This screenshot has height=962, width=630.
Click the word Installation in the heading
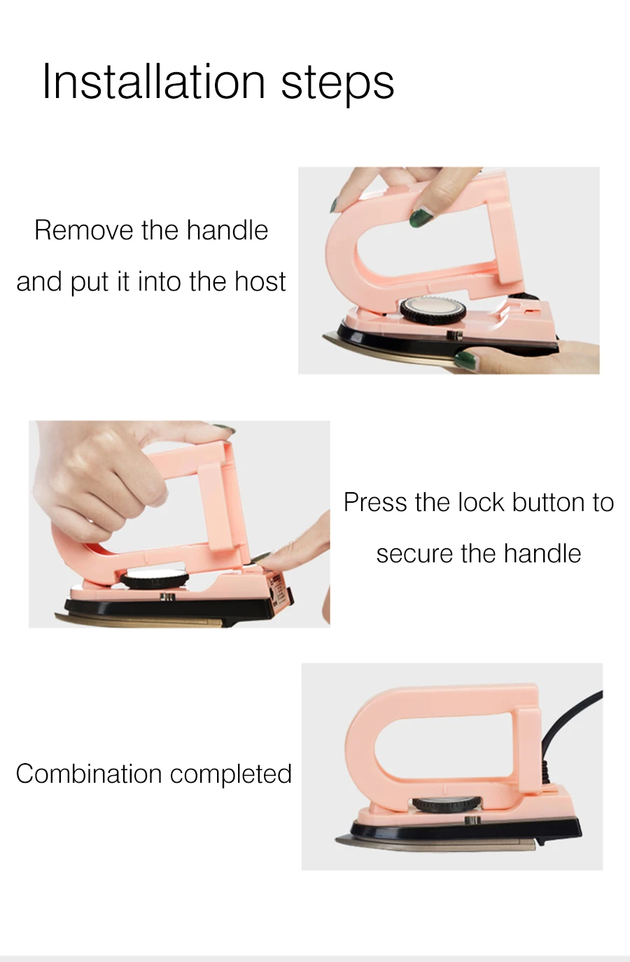point(154,81)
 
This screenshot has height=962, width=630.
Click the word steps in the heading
point(337,83)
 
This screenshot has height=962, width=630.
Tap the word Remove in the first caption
point(84,230)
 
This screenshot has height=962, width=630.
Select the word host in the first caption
point(260,281)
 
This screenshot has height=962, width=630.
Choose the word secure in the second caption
point(415,553)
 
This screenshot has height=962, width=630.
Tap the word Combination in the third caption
point(89,774)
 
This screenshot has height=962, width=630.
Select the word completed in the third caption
point(230,775)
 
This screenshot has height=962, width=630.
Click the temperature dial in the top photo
point(433,309)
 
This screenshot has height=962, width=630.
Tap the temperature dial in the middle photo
point(155,579)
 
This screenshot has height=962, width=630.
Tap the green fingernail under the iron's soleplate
point(467,359)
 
